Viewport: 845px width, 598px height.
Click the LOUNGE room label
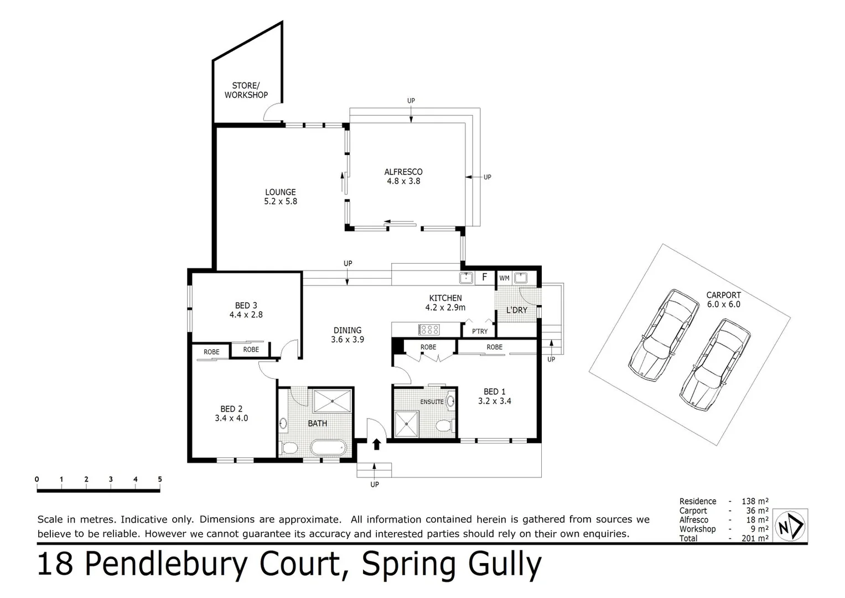[281, 197]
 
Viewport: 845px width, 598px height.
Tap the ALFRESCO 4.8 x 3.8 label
[403, 177]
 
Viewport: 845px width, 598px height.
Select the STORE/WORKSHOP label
[246, 90]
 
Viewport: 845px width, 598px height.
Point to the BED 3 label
[246, 310]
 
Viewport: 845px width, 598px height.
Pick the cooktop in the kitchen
[429, 330]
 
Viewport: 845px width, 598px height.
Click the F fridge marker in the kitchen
[484, 277]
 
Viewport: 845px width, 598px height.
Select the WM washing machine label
[504, 278]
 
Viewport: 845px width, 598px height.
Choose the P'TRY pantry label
[480, 331]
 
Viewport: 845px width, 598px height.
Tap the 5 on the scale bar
[160, 480]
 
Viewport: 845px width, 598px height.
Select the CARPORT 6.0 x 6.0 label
[723, 300]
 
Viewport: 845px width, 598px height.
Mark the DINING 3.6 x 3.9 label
[348, 334]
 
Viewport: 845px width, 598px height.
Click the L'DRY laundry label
[517, 310]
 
